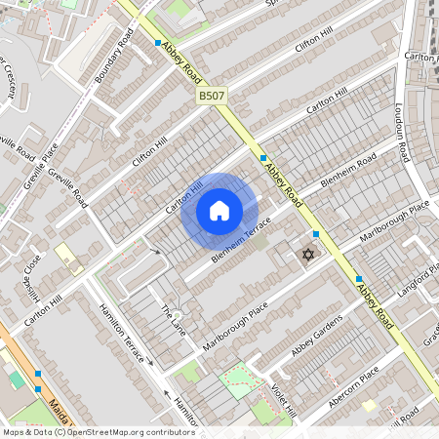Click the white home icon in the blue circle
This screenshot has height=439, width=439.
[219, 211]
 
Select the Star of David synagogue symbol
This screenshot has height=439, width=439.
[307, 255]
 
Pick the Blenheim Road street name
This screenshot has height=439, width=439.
[349, 173]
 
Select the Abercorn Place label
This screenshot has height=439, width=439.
[354, 387]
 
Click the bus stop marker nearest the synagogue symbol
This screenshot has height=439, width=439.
[315, 234]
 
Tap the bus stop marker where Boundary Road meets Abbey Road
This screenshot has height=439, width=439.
[158, 43]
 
